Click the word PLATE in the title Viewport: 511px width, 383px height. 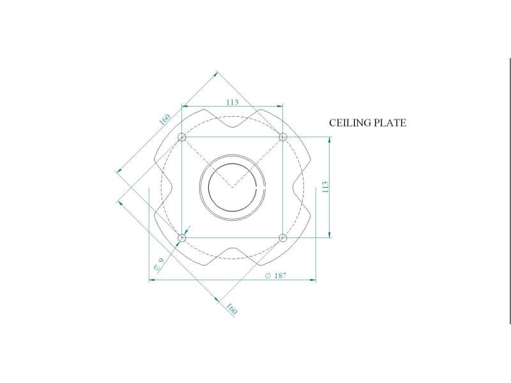click(390, 123)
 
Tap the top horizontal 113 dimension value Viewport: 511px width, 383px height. click(233, 102)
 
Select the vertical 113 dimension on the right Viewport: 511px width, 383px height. click(325, 187)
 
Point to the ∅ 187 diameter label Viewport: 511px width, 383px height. click(276, 276)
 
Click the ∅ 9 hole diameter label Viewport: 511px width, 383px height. click(158, 264)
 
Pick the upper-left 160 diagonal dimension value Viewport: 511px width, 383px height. click(165, 119)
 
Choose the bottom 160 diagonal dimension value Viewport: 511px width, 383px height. click(231, 309)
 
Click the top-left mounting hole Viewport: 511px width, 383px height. click(182, 137)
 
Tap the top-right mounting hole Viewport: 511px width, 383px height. click(283, 137)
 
